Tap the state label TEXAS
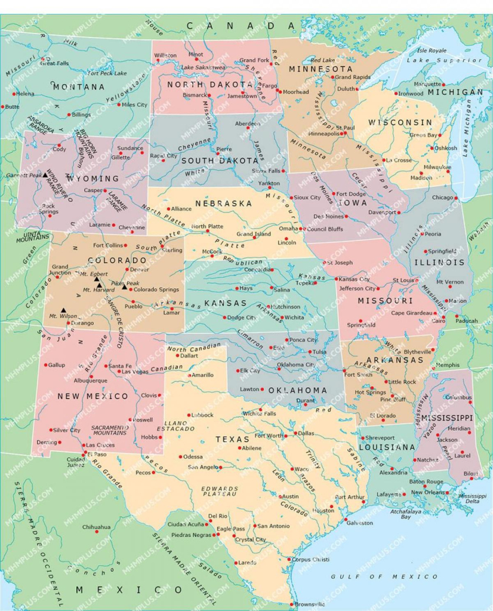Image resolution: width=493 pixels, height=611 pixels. tap(232, 439)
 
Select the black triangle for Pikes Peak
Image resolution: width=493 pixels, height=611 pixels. tap(125, 287)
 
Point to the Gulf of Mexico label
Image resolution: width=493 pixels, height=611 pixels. tap(384, 576)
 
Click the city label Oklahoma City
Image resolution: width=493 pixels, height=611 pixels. tap(295, 365)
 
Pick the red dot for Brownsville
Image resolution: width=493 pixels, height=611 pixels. tap(292, 603)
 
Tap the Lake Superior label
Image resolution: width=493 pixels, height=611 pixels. tap(435, 60)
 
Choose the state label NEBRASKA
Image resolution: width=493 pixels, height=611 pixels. tap(227, 203)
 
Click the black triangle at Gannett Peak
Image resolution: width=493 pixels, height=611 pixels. tap(45, 175)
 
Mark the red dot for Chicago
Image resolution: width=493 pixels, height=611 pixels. tap(456, 198)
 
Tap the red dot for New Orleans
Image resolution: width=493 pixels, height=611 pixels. tap(448, 492)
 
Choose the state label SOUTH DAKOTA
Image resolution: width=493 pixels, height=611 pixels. tap(220, 161)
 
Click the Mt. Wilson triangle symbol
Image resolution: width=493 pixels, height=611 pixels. tap(63, 310)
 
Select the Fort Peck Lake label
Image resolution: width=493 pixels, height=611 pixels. tap(107, 73)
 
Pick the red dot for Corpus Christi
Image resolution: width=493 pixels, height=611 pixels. tap(289, 560)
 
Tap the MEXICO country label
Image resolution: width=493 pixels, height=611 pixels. tap(121, 590)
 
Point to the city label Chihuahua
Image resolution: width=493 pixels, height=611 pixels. tap(96, 527)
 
